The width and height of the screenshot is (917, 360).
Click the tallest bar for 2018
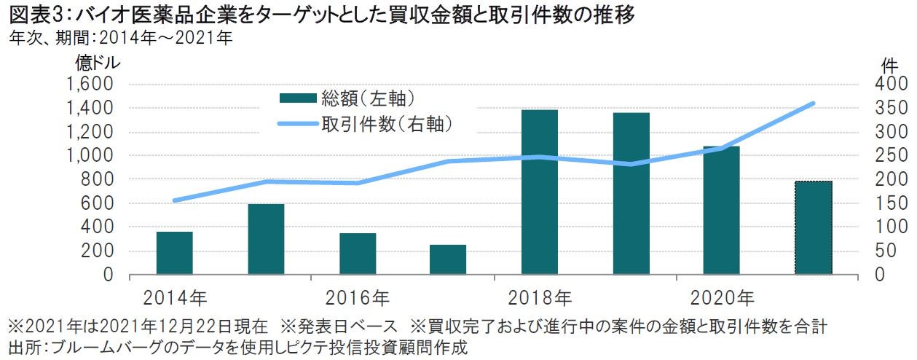[540, 192]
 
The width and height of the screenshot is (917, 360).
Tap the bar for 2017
[448, 259]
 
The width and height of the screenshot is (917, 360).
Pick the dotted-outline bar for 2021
[813, 227]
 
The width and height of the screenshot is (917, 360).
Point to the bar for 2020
[721, 211]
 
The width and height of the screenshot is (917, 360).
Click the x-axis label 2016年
[358, 297]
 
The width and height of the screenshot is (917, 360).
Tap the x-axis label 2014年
[175, 297]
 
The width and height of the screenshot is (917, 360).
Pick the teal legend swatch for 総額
[298, 98]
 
